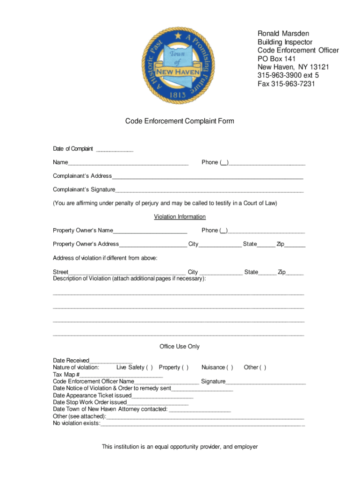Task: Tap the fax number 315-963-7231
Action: click(x=286, y=84)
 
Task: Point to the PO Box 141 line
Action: click(x=277, y=58)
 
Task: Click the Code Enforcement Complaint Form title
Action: click(x=180, y=121)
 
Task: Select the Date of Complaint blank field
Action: click(x=115, y=150)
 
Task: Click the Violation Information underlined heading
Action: click(x=180, y=217)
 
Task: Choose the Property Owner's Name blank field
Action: click(x=150, y=231)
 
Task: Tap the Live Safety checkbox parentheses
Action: click(x=150, y=367)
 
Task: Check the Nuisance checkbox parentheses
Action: click(x=230, y=367)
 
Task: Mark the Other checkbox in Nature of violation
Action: click(x=263, y=367)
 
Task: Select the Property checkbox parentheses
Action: click(x=185, y=367)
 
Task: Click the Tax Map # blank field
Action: click(x=121, y=375)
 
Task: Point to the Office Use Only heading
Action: click(x=180, y=346)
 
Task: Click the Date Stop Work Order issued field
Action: click(x=158, y=403)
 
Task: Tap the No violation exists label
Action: click(x=76, y=423)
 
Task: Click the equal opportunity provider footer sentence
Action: click(x=180, y=447)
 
